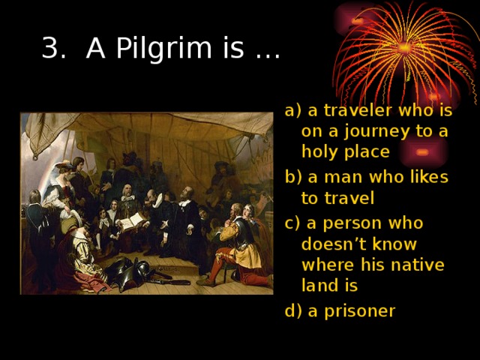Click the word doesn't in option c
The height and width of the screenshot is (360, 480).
(338, 244)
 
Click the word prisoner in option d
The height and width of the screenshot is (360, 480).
(352, 310)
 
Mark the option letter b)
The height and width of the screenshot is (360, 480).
(292, 177)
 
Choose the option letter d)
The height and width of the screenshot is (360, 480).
(292, 310)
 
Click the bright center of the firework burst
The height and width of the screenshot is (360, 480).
(405, 47)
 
